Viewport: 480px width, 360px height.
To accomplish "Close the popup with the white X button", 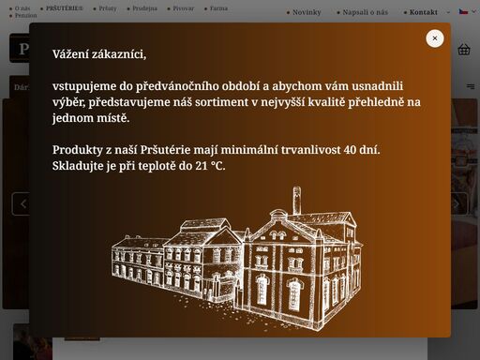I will point(435,38).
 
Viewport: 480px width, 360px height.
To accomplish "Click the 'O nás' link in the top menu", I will point(23,7).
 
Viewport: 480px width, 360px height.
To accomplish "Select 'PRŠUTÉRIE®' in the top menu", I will point(64,7).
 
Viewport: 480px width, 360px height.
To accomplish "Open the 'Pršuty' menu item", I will point(107,7).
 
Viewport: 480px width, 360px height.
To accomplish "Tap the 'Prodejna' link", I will point(144,7).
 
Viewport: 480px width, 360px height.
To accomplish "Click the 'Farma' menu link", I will point(217,7).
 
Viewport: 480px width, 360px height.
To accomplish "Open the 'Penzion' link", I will point(25,16).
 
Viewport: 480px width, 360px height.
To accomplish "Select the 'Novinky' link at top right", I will point(306,12).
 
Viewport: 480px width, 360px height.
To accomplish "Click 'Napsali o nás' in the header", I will point(365,12).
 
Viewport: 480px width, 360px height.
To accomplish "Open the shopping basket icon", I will point(463,50).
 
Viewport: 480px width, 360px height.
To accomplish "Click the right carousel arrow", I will point(457,203).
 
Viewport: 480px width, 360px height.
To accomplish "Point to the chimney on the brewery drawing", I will point(297,200).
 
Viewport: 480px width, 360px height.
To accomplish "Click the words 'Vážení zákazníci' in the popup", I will point(99,56).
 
